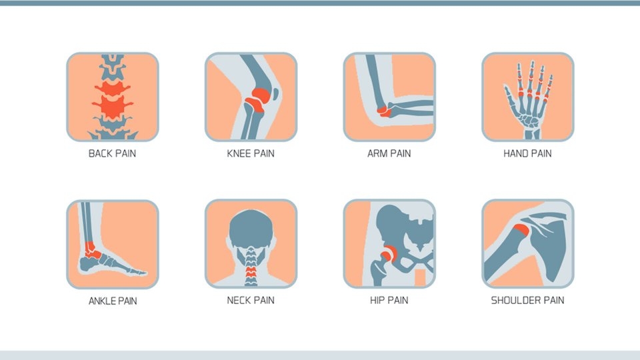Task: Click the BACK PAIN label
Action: tap(112, 153)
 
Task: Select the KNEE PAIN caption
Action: tap(251, 153)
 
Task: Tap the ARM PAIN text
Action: tap(389, 153)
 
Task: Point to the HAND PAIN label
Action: tap(527, 153)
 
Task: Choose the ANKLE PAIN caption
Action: tap(113, 301)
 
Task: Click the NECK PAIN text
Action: tap(251, 301)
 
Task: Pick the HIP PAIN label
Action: tap(389, 301)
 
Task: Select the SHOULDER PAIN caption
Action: tap(527, 301)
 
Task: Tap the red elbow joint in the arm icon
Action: tap(384, 111)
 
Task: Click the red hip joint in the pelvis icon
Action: tap(387, 254)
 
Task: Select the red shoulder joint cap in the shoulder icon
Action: tap(521, 230)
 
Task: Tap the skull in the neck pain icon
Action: tap(251, 229)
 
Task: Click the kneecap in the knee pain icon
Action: tap(275, 94)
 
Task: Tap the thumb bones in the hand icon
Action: tap(510, 99)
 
